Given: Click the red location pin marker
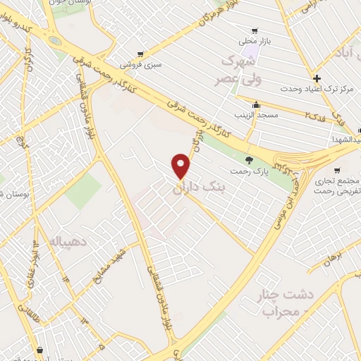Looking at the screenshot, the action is (x=181, y=166).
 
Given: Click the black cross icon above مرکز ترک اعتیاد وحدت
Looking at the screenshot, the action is (x=317, y=78).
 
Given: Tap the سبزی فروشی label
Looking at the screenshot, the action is (x=140, y=64).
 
